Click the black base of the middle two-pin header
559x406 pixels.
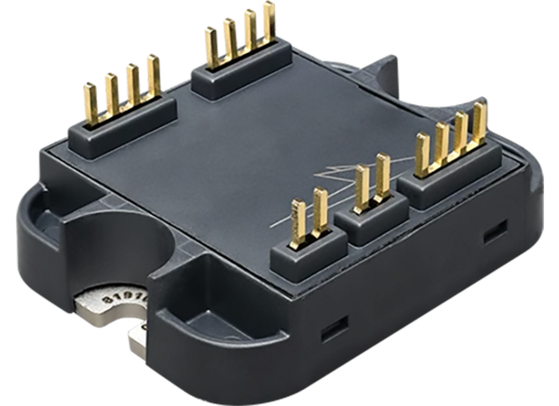374,212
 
